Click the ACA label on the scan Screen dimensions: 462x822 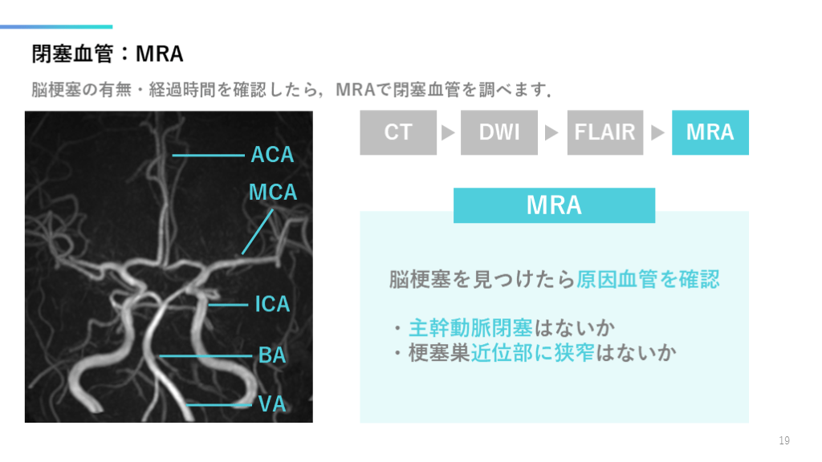pos(272,155)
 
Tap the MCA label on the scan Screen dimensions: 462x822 pos(273,192)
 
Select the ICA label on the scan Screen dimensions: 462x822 pos(272,305)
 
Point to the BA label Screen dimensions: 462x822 pos(272,355)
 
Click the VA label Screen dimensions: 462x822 pos(272,404)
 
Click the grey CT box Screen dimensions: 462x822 pos(397,132)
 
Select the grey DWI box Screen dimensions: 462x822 pos(498,132)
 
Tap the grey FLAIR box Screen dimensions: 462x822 pos(604,132)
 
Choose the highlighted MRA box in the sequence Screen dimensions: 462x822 pos(710,132)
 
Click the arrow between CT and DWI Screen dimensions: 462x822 pos(449,132)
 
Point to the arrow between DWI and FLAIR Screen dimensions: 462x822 pos(551,132)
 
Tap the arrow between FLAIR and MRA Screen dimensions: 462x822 pos(657,132)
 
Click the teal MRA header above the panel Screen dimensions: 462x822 pos(554,205)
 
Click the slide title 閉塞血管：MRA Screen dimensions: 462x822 pos(108,54)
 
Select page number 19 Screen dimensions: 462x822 pos(784,440)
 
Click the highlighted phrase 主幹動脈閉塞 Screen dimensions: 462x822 pos(470,328)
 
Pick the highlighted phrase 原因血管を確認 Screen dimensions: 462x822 pos(648,279)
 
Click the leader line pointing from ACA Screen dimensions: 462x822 pos(207,155)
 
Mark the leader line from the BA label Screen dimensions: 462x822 pos(205,355)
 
